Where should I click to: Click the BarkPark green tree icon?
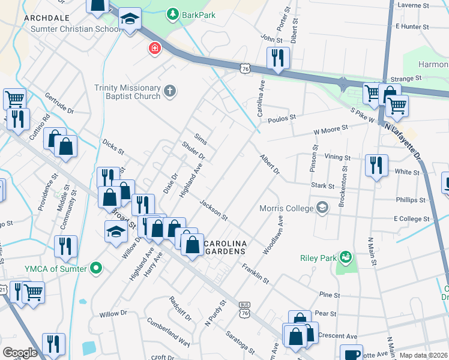173,13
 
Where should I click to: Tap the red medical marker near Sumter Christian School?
155,48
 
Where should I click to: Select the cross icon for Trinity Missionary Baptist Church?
170,91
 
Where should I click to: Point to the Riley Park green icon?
345,258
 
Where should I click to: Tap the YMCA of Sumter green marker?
95,268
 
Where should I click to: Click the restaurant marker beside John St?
277,58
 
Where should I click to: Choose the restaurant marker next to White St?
376,165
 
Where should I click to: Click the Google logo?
20,353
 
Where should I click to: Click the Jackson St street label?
214,210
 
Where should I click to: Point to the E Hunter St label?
418,26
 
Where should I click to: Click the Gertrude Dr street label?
59,103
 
